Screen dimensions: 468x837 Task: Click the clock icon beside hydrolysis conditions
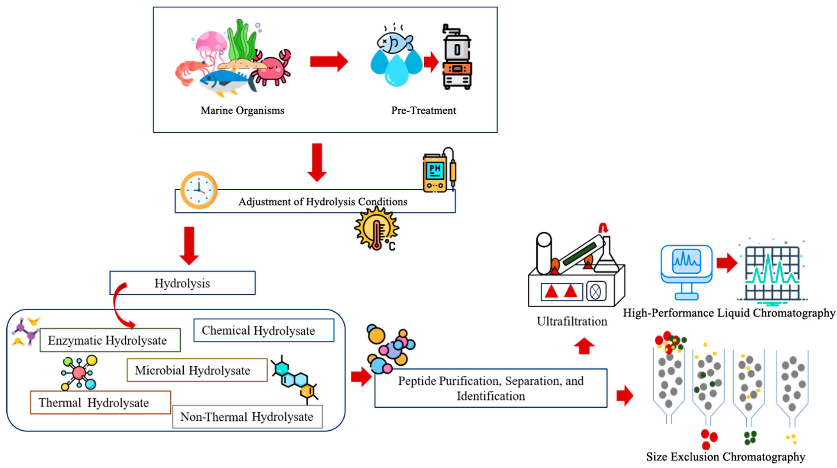[x=199, y=190]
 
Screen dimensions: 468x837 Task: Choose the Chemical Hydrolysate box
[x=263, y=330]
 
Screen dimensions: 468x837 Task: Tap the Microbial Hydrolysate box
[x=197, y=370]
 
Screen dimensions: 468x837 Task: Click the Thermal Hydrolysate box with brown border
[x=100, y=403]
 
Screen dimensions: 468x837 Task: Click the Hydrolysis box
[x=182, y=283]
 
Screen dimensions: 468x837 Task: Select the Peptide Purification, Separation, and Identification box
[x=491, y=388]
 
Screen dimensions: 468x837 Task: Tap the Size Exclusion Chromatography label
[x=725, y=457]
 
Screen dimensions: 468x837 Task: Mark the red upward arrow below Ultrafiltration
[x=584, y=346]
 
